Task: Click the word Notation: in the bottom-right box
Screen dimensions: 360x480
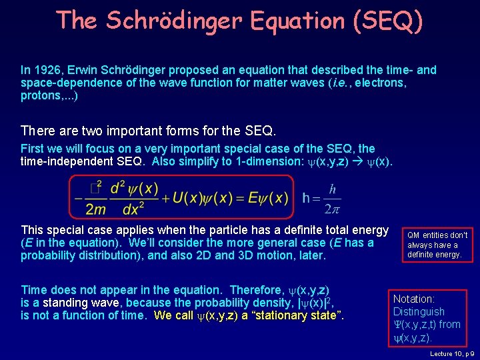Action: [414, 299]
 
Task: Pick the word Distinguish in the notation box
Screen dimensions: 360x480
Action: [419, 312]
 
